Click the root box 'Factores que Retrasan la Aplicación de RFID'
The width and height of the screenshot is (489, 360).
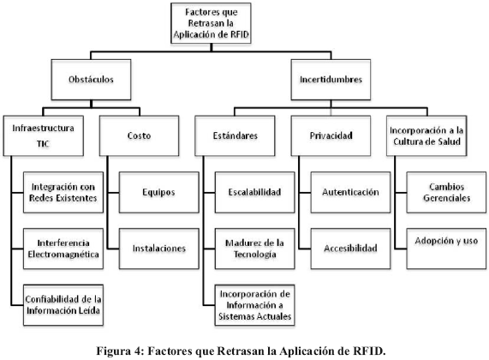[212, 23]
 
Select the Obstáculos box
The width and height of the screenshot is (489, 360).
[91, 80]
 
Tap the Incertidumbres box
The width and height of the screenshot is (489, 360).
[331, 80]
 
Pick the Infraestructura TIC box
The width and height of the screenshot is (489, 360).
[44, 135]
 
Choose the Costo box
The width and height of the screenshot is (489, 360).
[139, 135]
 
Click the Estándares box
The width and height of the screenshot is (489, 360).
[235, 135]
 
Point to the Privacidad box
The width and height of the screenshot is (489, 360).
[331, 135]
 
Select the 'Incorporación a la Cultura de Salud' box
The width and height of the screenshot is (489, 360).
[426, 135]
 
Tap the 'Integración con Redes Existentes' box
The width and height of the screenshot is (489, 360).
[63, 192]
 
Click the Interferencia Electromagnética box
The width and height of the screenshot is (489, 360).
[63, 249]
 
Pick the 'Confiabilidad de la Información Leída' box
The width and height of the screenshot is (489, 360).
[63, 305]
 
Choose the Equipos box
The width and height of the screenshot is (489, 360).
[159, 192]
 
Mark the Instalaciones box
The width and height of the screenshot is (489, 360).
[159, 249]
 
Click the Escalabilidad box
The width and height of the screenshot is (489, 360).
[255, 192]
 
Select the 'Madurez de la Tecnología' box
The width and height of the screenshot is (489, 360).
[255, 249]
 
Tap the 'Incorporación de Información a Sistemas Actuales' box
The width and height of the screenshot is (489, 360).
[255, 305]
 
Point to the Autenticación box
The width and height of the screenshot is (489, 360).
[350, 192]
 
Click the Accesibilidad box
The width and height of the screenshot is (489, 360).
[350, 249]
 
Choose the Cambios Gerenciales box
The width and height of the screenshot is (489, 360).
[446, 192]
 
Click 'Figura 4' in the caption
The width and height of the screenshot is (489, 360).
[119, 351]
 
